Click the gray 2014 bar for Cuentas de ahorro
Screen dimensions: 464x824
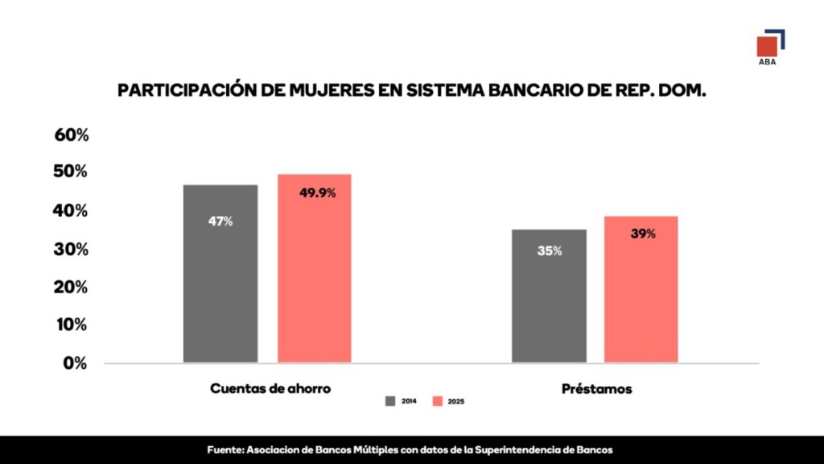point(220,274)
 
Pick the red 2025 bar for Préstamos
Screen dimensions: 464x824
point(641,289)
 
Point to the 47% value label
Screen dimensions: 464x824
point(220,221)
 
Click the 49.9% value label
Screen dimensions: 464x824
point(317,193)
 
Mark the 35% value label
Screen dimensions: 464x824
point(550,251)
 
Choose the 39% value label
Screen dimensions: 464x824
point(643,234)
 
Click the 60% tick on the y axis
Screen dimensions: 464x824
point(72,135)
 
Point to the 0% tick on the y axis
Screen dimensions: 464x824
point(76,363)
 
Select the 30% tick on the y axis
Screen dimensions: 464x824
point(72,250)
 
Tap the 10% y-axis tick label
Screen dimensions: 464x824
point(72,325)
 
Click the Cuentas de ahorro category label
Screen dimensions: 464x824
point(270,388)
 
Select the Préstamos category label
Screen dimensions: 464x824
point(596,388)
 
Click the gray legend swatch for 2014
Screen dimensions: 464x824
point(390,400)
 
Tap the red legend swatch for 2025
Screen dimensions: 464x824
point(438,400)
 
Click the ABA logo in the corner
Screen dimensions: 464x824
point(770,47)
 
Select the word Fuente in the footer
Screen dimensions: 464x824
point(225,449)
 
